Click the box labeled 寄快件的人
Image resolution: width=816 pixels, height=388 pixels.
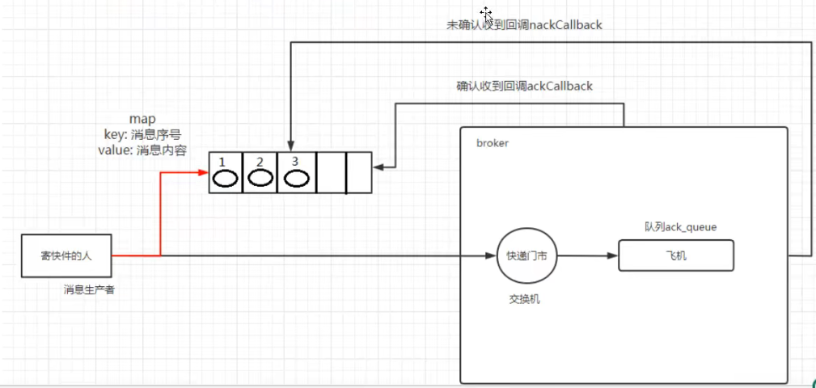pos(66,256)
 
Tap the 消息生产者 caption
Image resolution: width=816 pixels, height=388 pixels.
pos(89,290)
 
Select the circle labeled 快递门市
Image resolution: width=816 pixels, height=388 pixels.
pos(526,256)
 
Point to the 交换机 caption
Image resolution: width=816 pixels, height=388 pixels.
pos(525,300)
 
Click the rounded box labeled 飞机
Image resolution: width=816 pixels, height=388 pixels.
pos(676,255)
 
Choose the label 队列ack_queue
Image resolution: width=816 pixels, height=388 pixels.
pos(680,227)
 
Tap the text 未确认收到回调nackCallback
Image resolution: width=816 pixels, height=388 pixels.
pos(524,25)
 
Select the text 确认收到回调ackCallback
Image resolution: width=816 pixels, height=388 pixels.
pos(524,86)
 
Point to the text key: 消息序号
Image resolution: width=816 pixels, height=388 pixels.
pos(142,136)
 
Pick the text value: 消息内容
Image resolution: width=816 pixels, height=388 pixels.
pos(142,151)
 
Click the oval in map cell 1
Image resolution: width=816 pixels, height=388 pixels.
pos(226,179)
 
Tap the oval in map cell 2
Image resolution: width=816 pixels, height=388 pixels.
pos(260,178)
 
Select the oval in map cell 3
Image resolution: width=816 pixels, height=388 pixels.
pos(296,179)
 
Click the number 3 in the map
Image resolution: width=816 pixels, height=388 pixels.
pos(294,161)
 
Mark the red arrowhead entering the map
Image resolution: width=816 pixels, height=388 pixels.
pos(204,172)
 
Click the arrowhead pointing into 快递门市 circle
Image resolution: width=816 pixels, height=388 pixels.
pos(491,256)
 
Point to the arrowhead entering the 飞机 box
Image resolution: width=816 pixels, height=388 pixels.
pos(612,256)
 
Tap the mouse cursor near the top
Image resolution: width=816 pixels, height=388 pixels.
pos(486,13)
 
